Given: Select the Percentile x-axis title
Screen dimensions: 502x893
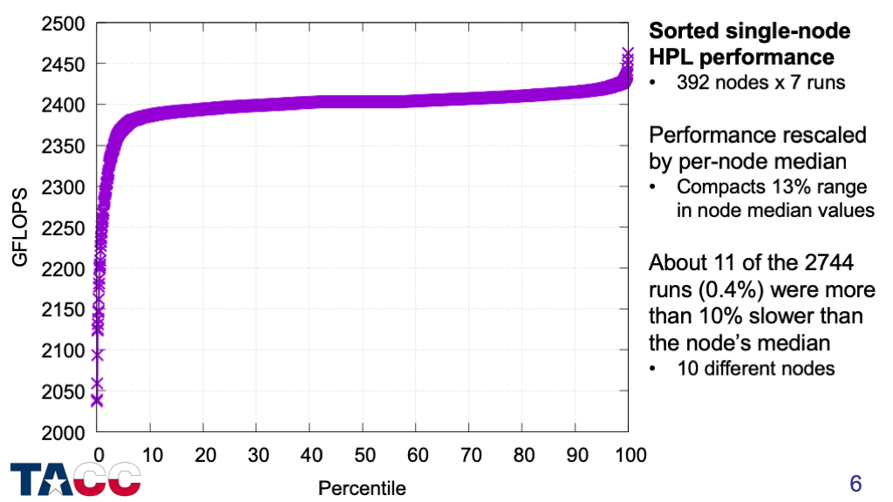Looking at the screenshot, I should coord(362,485).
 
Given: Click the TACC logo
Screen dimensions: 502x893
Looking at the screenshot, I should coord(76,479).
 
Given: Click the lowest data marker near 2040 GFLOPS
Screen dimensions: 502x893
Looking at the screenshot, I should coord(97,400).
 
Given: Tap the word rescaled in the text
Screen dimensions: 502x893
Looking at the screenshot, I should coord(815,136).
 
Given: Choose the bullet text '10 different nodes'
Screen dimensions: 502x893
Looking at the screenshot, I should coord(755,368).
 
